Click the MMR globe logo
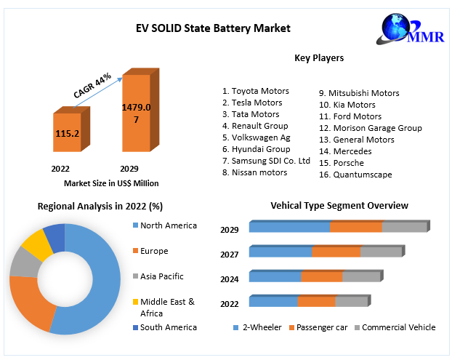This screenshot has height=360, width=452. pos(404,28)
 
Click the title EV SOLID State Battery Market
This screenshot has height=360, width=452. pos(213,28)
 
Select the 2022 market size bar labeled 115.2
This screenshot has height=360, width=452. pos(67,134)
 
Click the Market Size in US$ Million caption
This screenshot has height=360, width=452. pos(111,183)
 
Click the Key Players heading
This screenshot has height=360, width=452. pos(319,57)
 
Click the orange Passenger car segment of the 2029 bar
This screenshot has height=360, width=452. pos(355,227)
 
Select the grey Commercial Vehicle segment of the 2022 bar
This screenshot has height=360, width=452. pos(351,301)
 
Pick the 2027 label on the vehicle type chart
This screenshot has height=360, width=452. pos(230,254)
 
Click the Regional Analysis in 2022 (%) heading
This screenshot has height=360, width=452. pos(100,207)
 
